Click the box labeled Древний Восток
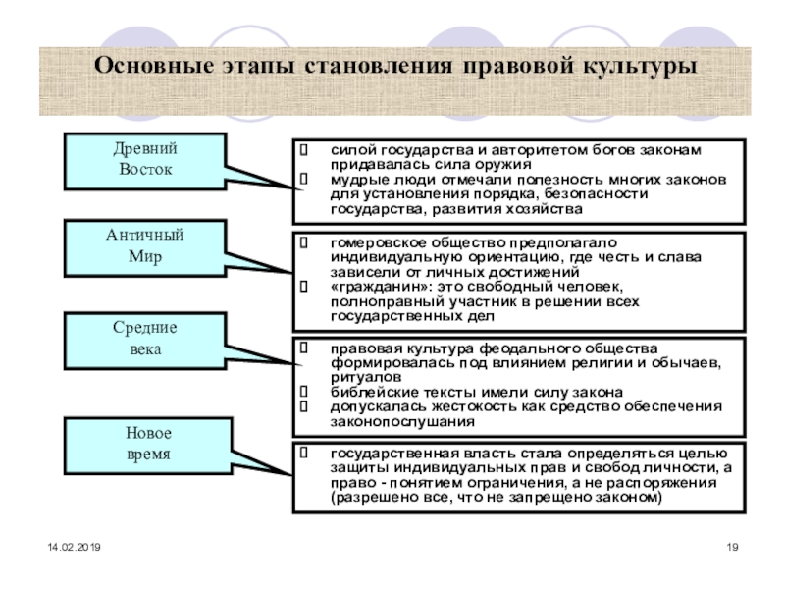(145, 160)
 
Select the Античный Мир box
(145, 246)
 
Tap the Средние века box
(145, 339)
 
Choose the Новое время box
(145, 444)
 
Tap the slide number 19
(730, 546)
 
